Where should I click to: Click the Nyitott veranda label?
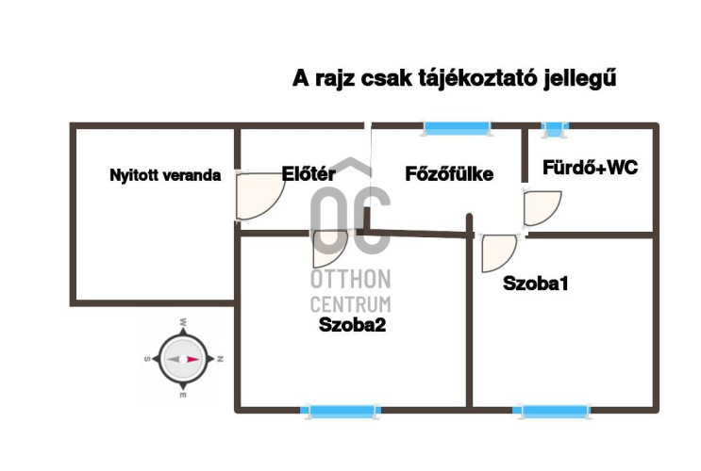click(165, 175)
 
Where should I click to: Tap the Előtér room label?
click(309, 173)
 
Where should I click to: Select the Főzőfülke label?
click(449, 173)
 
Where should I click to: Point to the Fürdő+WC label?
click(590, 168)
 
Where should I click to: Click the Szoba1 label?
click(536, 283)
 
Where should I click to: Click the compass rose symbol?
click(182, 359)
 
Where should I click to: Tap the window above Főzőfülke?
click(457, 127)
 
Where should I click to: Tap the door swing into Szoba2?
click(329, 247)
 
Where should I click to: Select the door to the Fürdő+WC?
click(541, 207)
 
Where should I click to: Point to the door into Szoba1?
click(496, 252)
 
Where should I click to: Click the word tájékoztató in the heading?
click(477, 79)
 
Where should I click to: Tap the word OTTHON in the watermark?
click(350, 280)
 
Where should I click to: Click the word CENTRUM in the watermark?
click(350, 303)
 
